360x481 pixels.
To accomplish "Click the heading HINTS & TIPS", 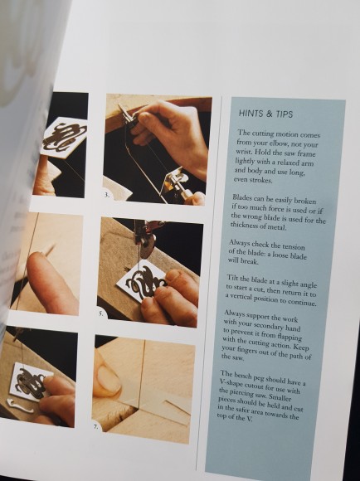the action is click(x=265, y=114).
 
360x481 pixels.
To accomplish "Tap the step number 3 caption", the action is click(x=106, y=195).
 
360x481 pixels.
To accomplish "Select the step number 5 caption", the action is click(x=101, y=313).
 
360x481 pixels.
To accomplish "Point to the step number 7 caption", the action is click(x=95, y=426).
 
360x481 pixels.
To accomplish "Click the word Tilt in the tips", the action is click(x=232, y=278).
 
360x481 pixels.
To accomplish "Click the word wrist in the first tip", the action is click(x=244, y=152).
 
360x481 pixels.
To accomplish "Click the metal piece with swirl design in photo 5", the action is click(x=142, y=284).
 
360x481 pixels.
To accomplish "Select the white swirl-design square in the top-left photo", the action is click(x=64, y=137).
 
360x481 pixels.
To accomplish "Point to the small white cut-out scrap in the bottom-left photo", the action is click(x=19, y=406).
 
